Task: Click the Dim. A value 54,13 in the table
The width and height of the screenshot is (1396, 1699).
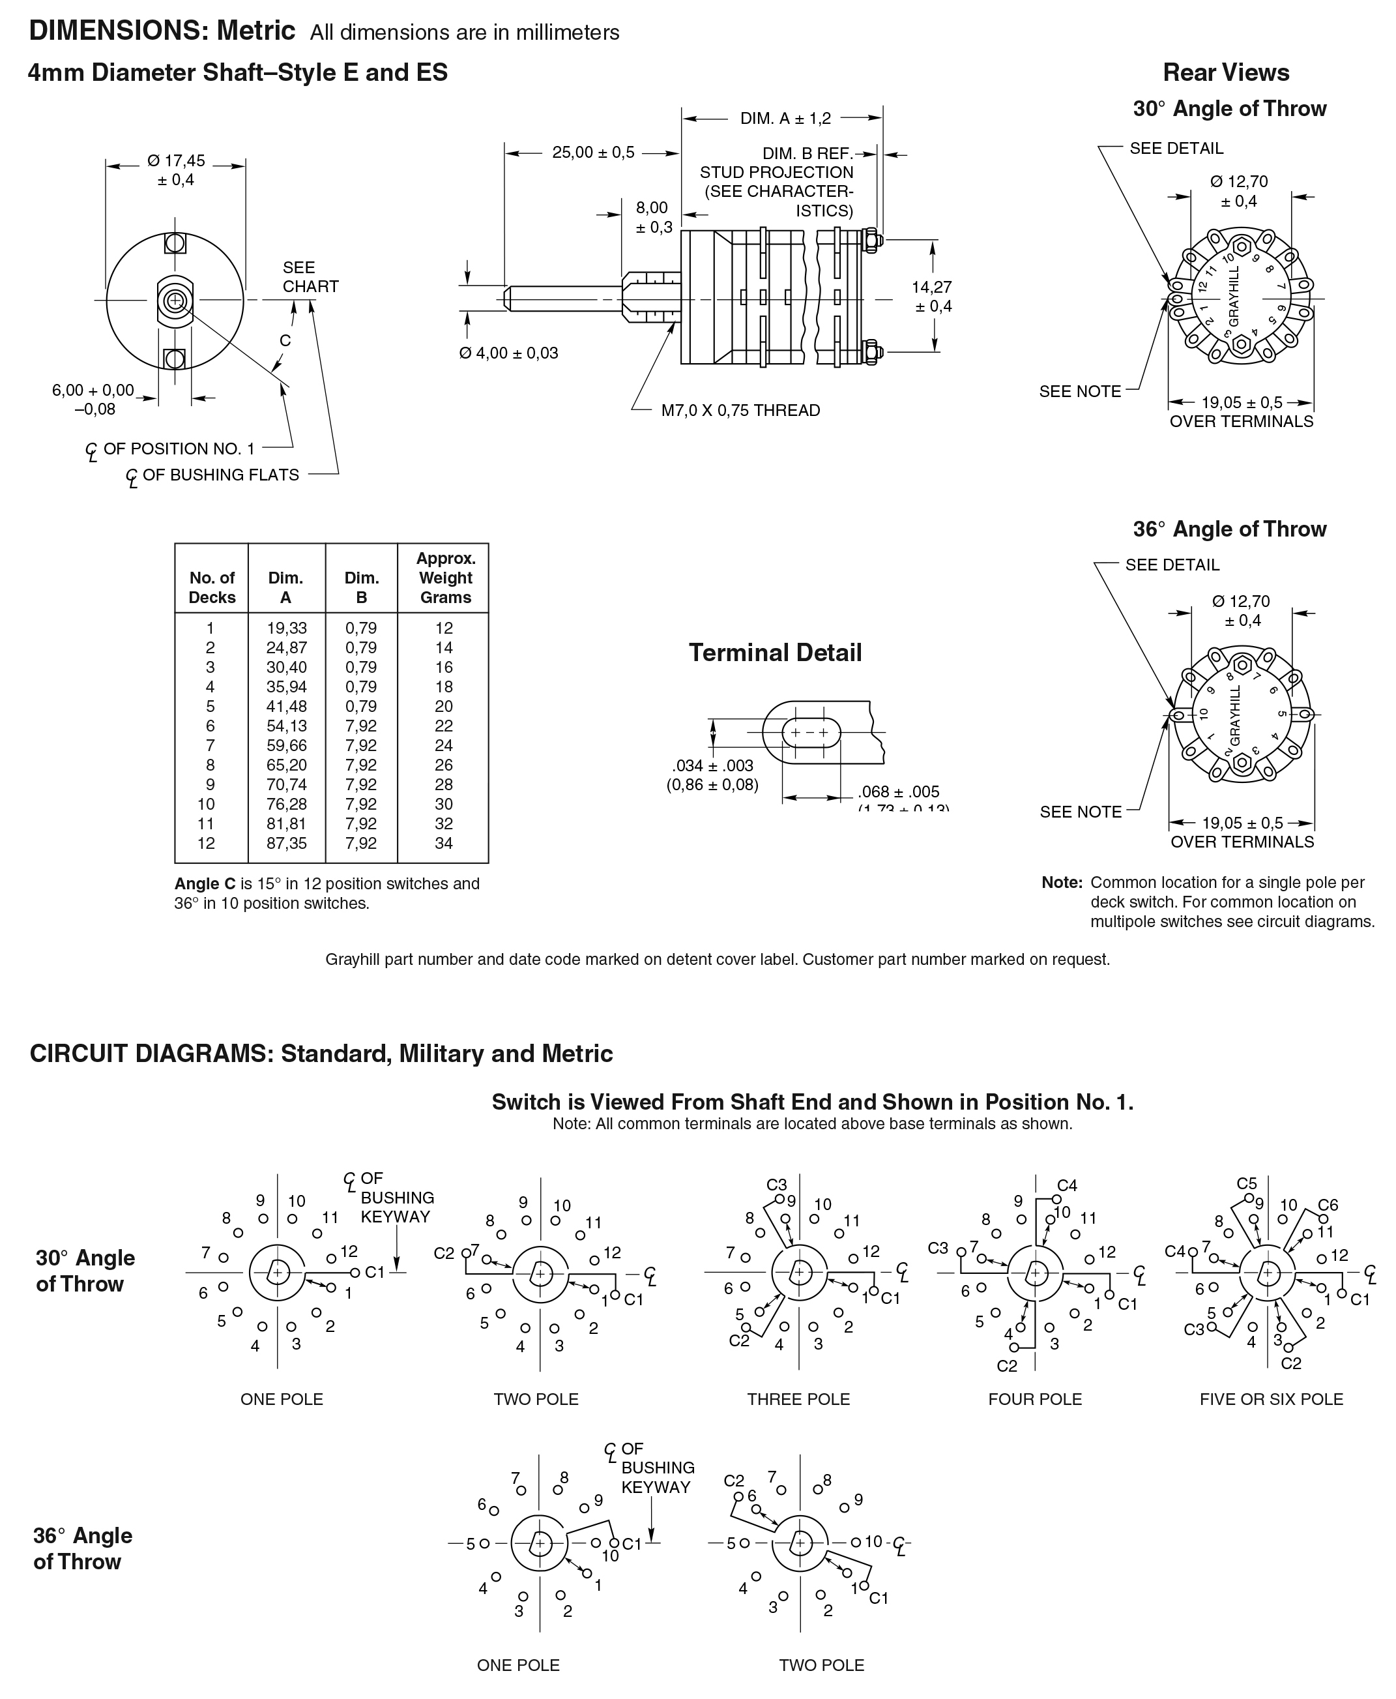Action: coord(286,726)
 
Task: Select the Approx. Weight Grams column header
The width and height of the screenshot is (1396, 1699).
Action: coord(446,578)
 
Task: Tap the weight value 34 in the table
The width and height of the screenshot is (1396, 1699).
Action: coord(444,843)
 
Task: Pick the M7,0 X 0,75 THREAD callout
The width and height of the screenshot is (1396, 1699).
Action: coord(740,410)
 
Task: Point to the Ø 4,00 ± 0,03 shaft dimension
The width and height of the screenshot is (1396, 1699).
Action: coord(508,352)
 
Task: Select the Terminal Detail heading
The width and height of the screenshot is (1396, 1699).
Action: coord(775,653)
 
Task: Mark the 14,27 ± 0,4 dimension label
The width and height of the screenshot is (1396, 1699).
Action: coord(931,296)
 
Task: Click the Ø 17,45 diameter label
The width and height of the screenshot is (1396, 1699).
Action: coord(176,170)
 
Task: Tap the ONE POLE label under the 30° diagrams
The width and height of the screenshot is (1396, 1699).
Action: coord(282,1399)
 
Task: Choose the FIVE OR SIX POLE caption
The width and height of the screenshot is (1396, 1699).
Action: coord(1271,1399)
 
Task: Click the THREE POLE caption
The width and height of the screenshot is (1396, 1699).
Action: coord(798,1399)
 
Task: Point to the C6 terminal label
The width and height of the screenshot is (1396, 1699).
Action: coord(1328,1205)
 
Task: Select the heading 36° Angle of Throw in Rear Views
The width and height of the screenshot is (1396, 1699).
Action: coord(1230,529)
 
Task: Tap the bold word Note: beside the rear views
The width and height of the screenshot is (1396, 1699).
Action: coord(1062,883)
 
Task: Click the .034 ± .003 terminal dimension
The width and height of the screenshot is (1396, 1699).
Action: coord(712,775)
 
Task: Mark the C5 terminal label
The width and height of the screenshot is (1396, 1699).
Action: coord(1246,1183)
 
